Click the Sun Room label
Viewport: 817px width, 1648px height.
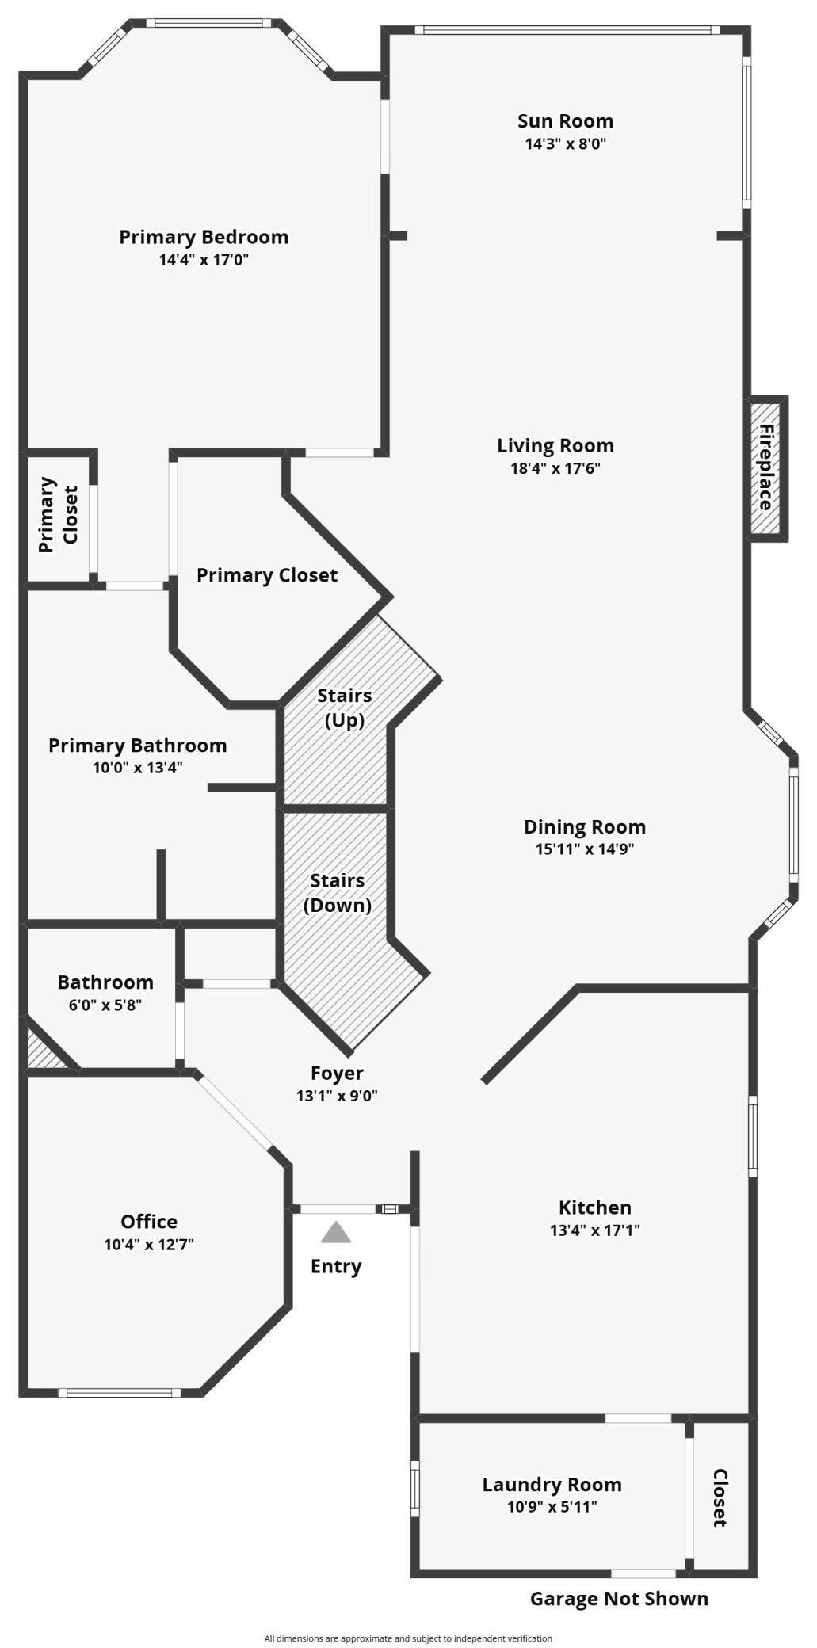coord(565,121)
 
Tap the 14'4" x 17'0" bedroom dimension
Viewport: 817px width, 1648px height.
coord(204,259)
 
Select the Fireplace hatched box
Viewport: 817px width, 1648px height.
coord(765,468)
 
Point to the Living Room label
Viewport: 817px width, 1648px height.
coord(555,445)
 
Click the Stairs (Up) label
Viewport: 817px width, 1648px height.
coord(345,708)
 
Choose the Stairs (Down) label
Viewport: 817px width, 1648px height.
coord(338,893)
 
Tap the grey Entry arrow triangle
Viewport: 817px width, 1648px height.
coord(336,1232)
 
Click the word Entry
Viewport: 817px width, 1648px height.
coord(336,1266)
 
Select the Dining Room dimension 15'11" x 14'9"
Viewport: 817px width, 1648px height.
coord(585,849)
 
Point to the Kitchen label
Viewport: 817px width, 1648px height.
coord(595,1207)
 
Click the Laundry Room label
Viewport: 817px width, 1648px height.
coord(552,1484)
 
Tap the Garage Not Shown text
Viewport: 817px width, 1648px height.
coord(619,1599)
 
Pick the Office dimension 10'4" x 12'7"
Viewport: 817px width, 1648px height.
coord(149,1244)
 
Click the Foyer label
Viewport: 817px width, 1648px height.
coord(337,1073)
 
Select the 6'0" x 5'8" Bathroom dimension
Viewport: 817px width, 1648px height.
coord(105,1005)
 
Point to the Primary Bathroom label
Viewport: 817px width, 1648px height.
coord(138,745)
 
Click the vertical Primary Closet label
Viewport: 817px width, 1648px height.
coord(59,514)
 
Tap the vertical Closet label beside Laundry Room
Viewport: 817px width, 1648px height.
coord(720,1497)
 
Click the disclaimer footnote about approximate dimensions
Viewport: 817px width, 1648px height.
coord(408,1638)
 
